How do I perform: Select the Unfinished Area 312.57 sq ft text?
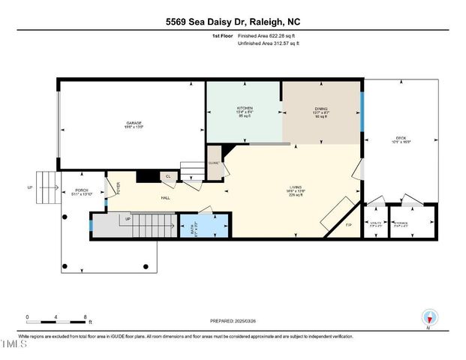(268, 44)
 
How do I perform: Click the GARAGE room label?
(134, 124)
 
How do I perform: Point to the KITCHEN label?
(245, 110)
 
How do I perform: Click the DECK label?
(401, 138)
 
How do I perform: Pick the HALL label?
(164, 199)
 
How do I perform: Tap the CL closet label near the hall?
(168, 177)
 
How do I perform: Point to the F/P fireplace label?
(348, 225)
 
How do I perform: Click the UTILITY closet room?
(375, 223)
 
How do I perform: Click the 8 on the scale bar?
(86, 316)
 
